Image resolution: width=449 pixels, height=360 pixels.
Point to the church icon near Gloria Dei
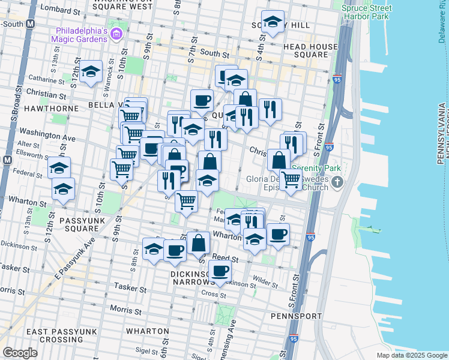[x=338, y=182]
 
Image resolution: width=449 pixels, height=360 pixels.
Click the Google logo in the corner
[x=20, y=353]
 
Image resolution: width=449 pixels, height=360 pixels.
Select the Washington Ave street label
[x=47, y=133]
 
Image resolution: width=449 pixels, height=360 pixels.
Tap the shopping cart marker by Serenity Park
[x=291, y=179]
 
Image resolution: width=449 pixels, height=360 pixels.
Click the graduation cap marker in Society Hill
[x=273, y=23]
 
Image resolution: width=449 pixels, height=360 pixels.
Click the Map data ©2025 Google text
[x=412, y=355]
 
